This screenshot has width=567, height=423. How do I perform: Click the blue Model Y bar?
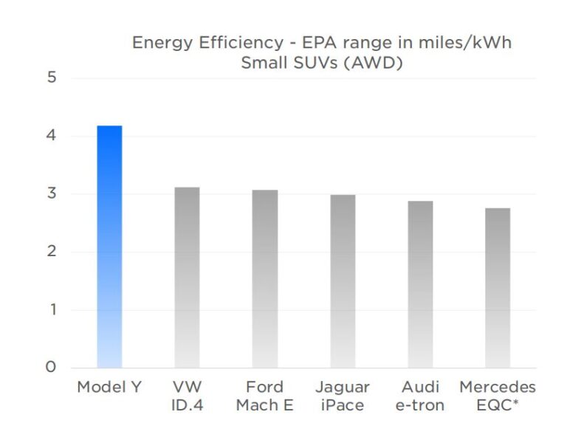(x=110, y=247)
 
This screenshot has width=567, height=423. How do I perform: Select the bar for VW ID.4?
(x=187, y=278)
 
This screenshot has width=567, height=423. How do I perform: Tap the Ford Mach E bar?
(x=265, y=279)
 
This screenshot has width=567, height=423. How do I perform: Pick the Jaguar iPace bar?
(x=343, y=281)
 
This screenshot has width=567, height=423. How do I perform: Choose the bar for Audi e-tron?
(x=420, y=284)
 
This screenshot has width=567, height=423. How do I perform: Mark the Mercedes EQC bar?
(x=497, y=288)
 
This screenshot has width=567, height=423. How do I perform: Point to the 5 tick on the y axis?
(x=52, y=78)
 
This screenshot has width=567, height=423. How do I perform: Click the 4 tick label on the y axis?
(x=52, y=136)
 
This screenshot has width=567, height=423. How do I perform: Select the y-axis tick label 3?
(x=52, y=193)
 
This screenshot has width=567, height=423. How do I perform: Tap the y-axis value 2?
(x=52, y=252)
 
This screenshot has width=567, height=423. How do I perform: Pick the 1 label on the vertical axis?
(x=52, y=309)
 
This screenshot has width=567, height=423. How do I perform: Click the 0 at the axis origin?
(x=52, y=367)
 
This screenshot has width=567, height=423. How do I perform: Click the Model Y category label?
(x=110, y=388)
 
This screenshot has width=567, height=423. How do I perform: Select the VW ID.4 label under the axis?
(x=187, y=396)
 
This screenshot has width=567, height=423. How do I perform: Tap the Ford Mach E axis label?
(x=265, y=396)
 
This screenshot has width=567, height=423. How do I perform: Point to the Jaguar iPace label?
(x=343, y=396)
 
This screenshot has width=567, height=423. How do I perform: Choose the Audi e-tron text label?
(x=420, y=396)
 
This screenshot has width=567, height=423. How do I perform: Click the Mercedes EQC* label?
(x=497, y=396)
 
